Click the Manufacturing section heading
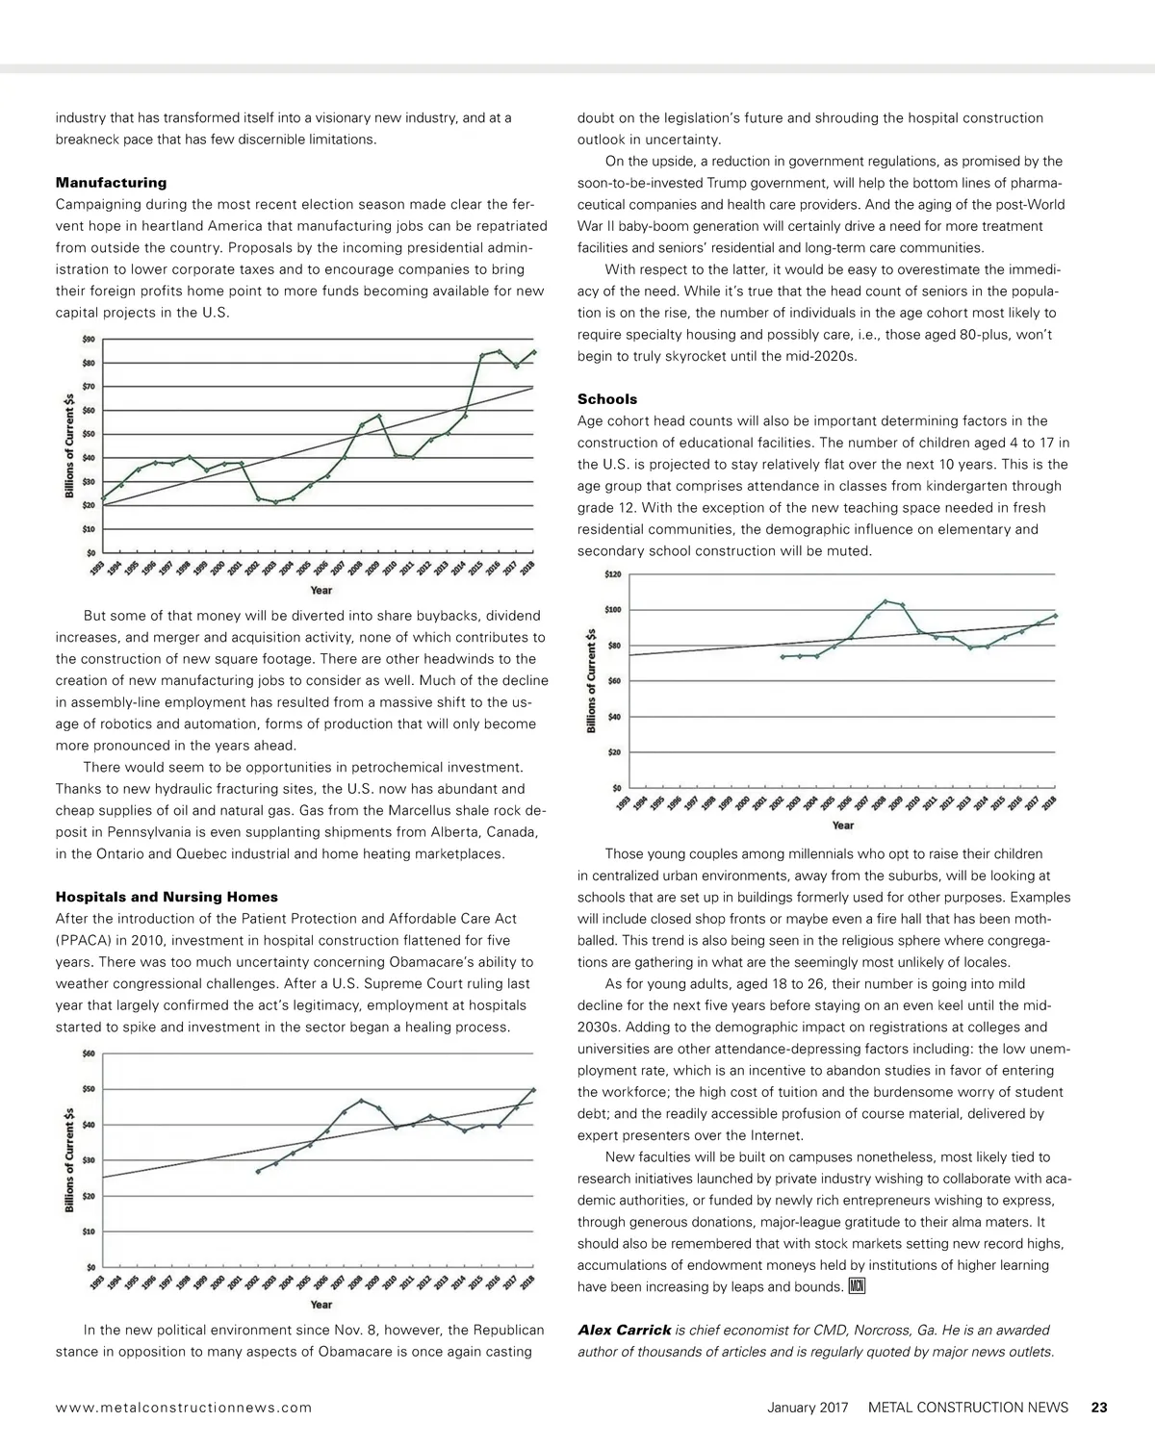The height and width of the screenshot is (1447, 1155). click(111, 183)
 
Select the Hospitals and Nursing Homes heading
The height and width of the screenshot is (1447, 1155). click(167, 897)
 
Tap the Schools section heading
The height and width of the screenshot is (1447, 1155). click(607, 399)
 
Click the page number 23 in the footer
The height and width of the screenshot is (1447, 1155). click(1099, 1408)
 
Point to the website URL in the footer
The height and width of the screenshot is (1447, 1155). click(184, 1408)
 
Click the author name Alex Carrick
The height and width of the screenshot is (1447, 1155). click(624, 1331)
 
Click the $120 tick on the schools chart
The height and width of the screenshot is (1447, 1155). click(612, 574)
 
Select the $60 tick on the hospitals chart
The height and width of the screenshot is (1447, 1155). click(88, 1054)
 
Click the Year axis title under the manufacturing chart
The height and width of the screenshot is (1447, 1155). click(321, 590)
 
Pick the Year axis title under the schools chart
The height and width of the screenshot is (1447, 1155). click(842, 825)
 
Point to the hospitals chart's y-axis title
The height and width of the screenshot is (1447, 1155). click(70, 1159)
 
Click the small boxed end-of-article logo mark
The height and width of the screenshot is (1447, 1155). click(858, 1287)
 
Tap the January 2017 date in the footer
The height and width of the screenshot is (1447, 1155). click(808, 1408)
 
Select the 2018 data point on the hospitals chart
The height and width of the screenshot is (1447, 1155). click(533, 1090)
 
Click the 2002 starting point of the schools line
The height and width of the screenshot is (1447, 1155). click(783, 656)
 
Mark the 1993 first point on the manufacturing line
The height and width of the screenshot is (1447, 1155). click(102, 498)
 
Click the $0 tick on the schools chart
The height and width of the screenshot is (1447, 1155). click(616, 788)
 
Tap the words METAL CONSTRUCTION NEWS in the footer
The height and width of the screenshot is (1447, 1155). click(967, 1408)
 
